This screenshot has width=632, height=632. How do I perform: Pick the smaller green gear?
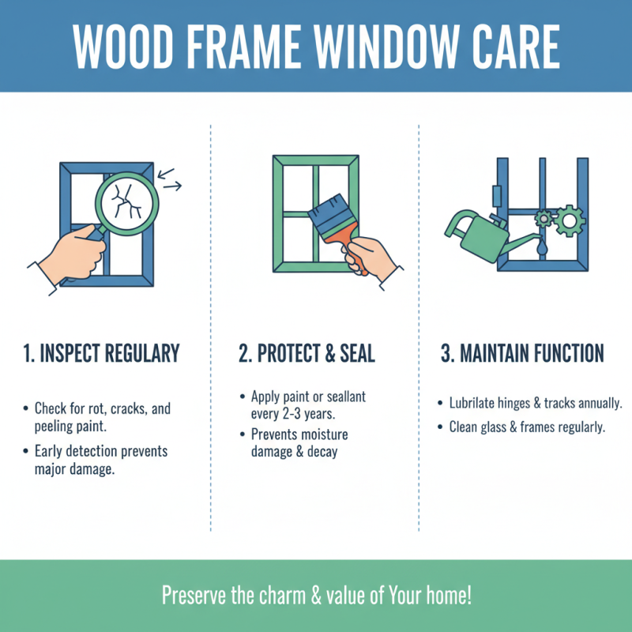click(x=543, y=217)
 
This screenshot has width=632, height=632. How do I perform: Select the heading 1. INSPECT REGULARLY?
click(x=101, y=352)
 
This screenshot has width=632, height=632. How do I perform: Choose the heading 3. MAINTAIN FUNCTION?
click(x=522, y=352)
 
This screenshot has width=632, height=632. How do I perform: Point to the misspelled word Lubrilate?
click(x=474, y=403)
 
